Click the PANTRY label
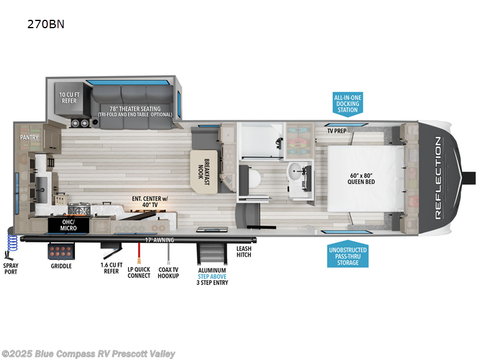(29, 137)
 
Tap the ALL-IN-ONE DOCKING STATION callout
(348, 103)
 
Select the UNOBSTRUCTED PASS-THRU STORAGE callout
(348, 256)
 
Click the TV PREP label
(338, 130)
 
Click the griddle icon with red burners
(61, 251)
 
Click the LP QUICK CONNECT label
(139, 272)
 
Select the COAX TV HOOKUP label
(169, 272)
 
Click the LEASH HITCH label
(244, 251)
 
